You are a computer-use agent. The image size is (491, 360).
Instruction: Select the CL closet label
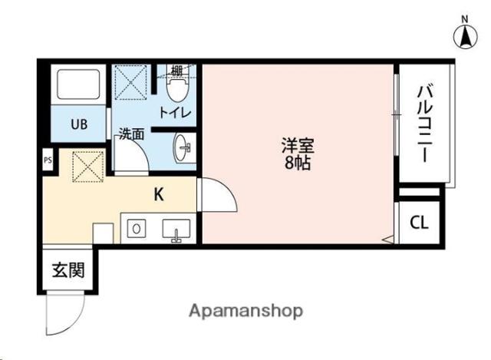419,223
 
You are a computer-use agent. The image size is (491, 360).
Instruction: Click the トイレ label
176,113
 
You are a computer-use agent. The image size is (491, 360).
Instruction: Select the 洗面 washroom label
130,134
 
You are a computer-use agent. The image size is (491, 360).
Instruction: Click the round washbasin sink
183,147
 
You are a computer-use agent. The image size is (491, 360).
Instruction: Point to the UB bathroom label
79,123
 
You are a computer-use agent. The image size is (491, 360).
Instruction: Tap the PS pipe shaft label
47,160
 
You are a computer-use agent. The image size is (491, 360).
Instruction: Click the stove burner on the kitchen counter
135,229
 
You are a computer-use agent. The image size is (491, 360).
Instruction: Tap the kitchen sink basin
175,230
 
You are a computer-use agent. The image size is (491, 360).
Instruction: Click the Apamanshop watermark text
245,311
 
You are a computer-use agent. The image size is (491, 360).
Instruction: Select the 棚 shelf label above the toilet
176,71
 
